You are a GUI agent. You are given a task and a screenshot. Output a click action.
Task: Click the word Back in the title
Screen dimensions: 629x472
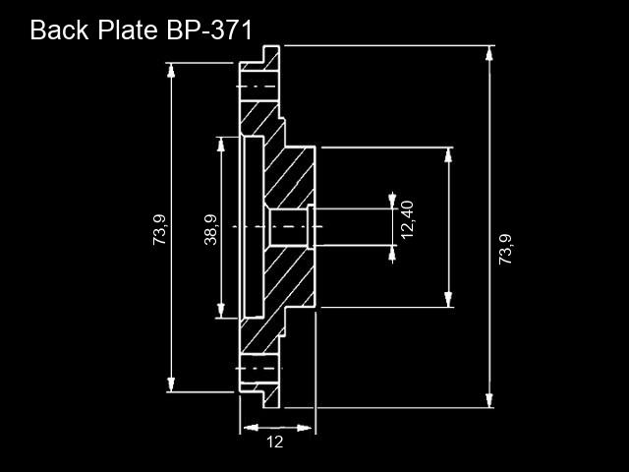click(x=59, y=30)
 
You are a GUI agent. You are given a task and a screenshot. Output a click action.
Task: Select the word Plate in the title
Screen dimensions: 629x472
click(x=128, y=30)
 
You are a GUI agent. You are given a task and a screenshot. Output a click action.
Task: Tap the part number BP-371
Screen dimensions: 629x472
click(x=209, y=30)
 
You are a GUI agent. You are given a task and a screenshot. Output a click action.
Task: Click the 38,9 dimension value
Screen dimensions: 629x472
click(x=210, y=229)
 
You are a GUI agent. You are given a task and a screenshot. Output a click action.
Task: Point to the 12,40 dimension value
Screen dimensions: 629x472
click(x=407, y=219)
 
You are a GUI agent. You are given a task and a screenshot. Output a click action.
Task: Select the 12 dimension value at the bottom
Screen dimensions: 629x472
click(x=275, y=442)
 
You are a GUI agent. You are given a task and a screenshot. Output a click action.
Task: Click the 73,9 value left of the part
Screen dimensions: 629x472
click(x=159, y=229)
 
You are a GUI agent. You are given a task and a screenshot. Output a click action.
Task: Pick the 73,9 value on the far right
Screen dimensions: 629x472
click(x=505, y=249)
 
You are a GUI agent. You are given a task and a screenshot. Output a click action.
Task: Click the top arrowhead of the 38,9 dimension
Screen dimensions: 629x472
click(x=220, y=145)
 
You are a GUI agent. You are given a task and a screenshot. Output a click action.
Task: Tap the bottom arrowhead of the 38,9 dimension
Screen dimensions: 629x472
click(x=220, y=311)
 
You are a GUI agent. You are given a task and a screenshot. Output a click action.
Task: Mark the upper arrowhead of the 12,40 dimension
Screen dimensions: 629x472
click(x=392, y=201)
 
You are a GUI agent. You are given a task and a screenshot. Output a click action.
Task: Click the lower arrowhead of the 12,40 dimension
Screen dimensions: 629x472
click(x=392, y=254)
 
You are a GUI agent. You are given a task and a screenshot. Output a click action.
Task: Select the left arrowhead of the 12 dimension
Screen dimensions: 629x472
click(x=251, y=428)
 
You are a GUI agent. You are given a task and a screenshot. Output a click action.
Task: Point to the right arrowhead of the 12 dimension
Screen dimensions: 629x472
click(x=304, y=428)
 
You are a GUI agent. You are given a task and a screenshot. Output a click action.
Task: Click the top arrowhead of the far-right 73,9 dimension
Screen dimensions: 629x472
click(x=488, y=53)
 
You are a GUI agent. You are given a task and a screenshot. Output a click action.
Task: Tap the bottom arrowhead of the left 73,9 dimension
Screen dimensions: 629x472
click(x=171, y=384)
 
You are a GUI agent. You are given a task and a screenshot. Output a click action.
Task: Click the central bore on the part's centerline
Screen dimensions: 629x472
click(x=288, y=227)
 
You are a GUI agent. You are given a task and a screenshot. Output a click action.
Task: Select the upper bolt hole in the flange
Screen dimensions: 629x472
click(x=259, y=87)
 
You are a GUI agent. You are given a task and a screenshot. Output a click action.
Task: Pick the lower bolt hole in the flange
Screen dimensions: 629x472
click(x=259, y=369)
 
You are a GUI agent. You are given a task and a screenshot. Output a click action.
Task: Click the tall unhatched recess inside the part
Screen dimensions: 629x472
click(x=255, y=227)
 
